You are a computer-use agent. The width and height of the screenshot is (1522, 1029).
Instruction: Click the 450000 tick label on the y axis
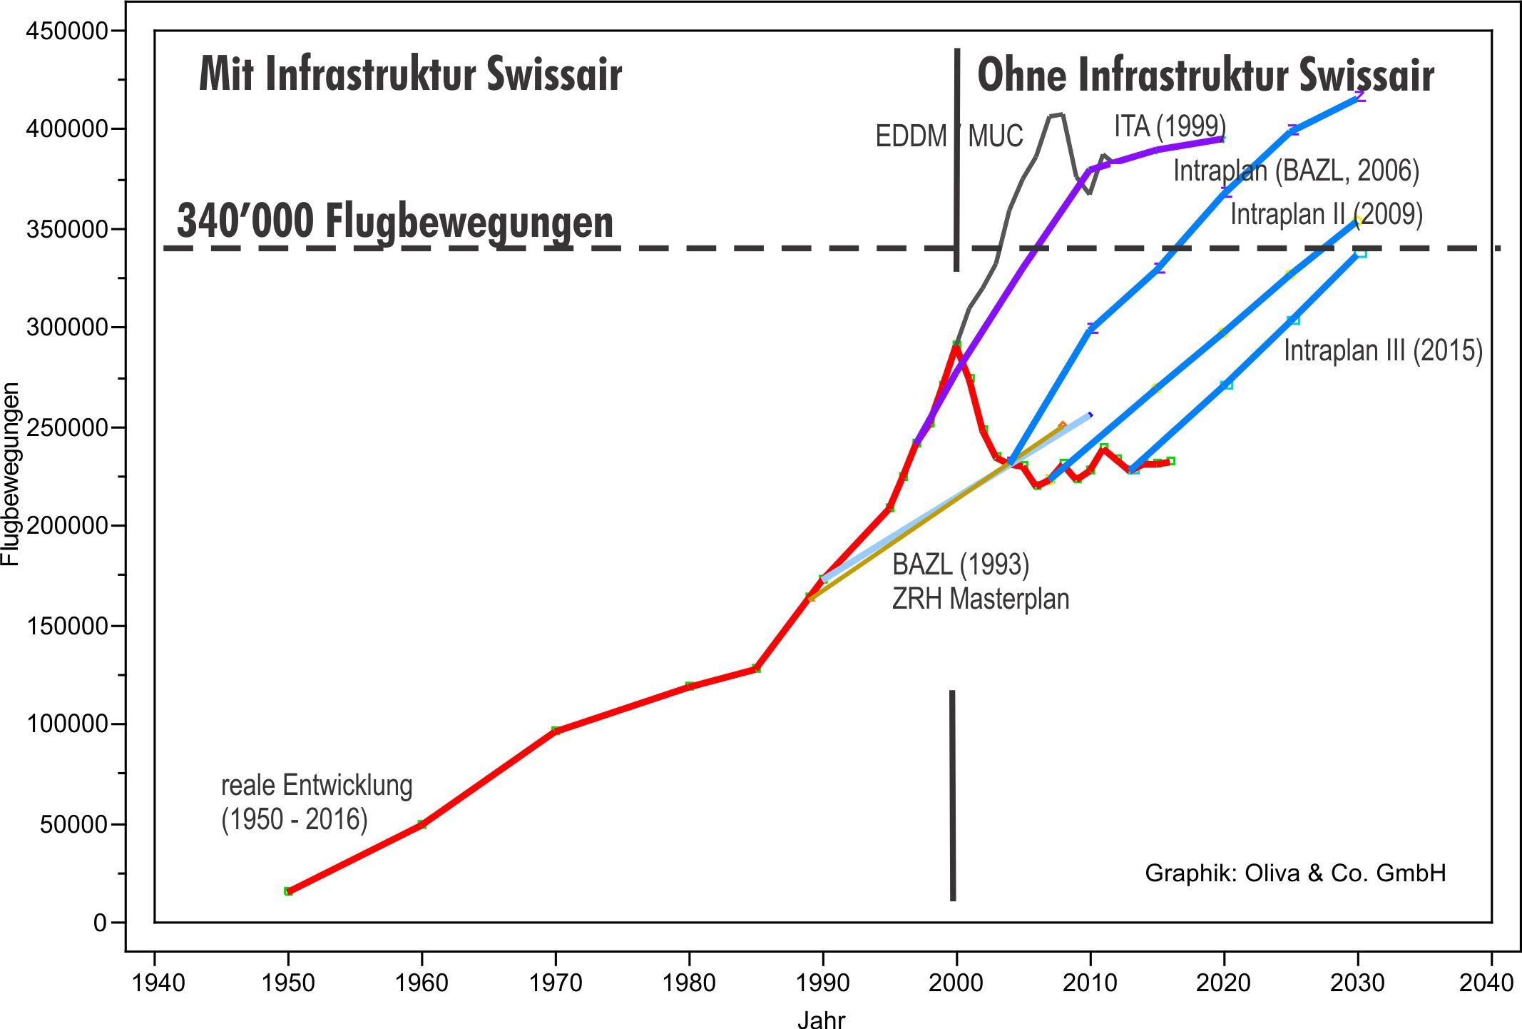66,31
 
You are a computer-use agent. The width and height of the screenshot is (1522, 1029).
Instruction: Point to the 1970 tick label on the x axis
555,983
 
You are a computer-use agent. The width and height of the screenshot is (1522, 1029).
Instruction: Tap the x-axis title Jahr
821,1019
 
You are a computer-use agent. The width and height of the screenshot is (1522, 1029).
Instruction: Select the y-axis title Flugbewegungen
11,475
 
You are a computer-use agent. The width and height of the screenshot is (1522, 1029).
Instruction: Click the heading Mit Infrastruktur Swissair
410,74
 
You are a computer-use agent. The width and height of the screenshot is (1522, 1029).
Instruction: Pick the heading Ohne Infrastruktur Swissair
1205,76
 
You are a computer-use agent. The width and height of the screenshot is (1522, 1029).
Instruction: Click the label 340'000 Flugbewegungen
394,221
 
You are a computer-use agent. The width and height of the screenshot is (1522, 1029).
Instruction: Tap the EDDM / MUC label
949,136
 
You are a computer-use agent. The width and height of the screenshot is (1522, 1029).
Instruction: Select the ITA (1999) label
1170,126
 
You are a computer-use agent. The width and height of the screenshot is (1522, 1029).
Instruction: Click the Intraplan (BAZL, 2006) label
1296,171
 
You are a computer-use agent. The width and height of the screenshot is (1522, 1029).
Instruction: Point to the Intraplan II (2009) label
1326,214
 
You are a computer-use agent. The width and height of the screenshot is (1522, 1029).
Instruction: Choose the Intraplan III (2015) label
1382,351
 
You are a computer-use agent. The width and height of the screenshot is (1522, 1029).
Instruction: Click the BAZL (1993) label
961,564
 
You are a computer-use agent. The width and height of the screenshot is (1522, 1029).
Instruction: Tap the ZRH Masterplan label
980,599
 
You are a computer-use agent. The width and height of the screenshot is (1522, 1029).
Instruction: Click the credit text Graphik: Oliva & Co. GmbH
1294,873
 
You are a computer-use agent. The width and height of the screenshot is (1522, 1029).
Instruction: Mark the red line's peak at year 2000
956,345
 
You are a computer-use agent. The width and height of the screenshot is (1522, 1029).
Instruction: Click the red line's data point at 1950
288,891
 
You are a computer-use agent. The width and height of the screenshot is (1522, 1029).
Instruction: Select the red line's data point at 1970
556,731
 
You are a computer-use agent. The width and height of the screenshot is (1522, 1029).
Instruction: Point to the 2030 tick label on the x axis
1357,983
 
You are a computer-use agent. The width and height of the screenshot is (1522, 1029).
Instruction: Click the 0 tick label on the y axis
100,923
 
